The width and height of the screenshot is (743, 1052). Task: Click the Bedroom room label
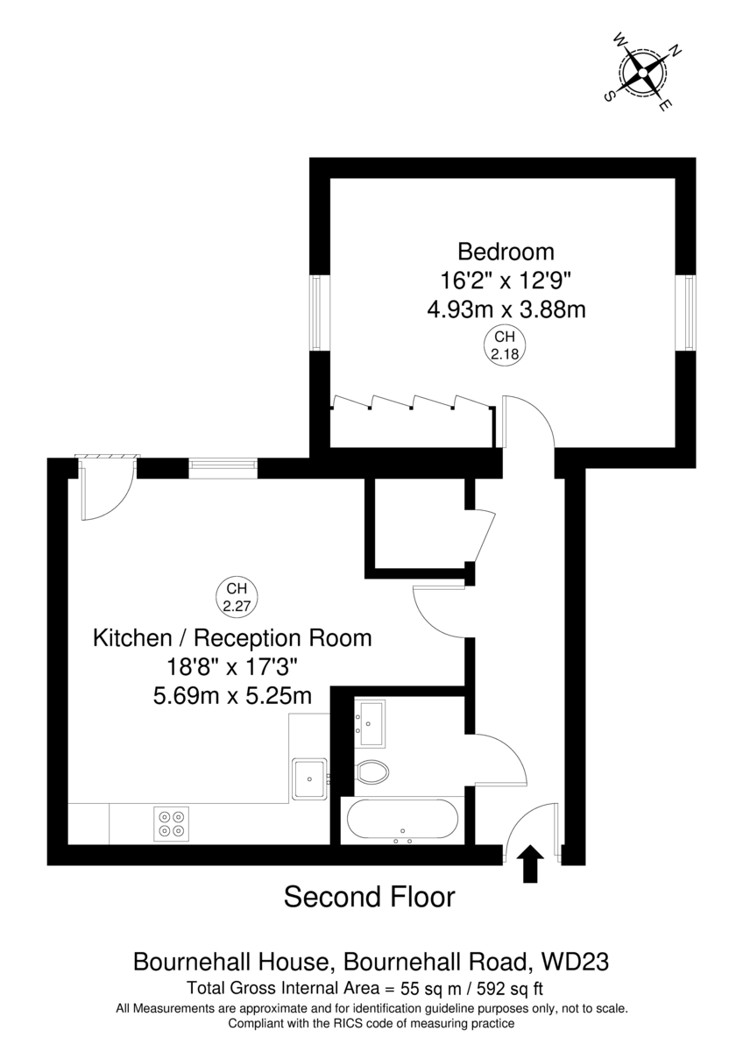tap(506, 252)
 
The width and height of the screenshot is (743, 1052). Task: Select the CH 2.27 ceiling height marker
tap(237, 598)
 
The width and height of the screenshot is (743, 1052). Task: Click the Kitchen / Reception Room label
tap(232, 638)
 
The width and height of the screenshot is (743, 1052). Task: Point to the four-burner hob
tap(171, 824)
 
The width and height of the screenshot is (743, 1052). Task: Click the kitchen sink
tap(309, 778)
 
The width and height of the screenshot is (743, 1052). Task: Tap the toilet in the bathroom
tap(372, 771)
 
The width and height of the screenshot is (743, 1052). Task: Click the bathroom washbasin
tap(370, 724)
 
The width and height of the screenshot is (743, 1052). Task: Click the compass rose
tap(643, 72)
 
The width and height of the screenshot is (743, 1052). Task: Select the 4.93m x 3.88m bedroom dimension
tap(506, 310)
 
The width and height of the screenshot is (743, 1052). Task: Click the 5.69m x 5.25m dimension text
tap(232, 696)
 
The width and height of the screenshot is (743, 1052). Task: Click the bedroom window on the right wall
tap(689, 312)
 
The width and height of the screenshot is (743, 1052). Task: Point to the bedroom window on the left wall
tap(316, 312)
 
